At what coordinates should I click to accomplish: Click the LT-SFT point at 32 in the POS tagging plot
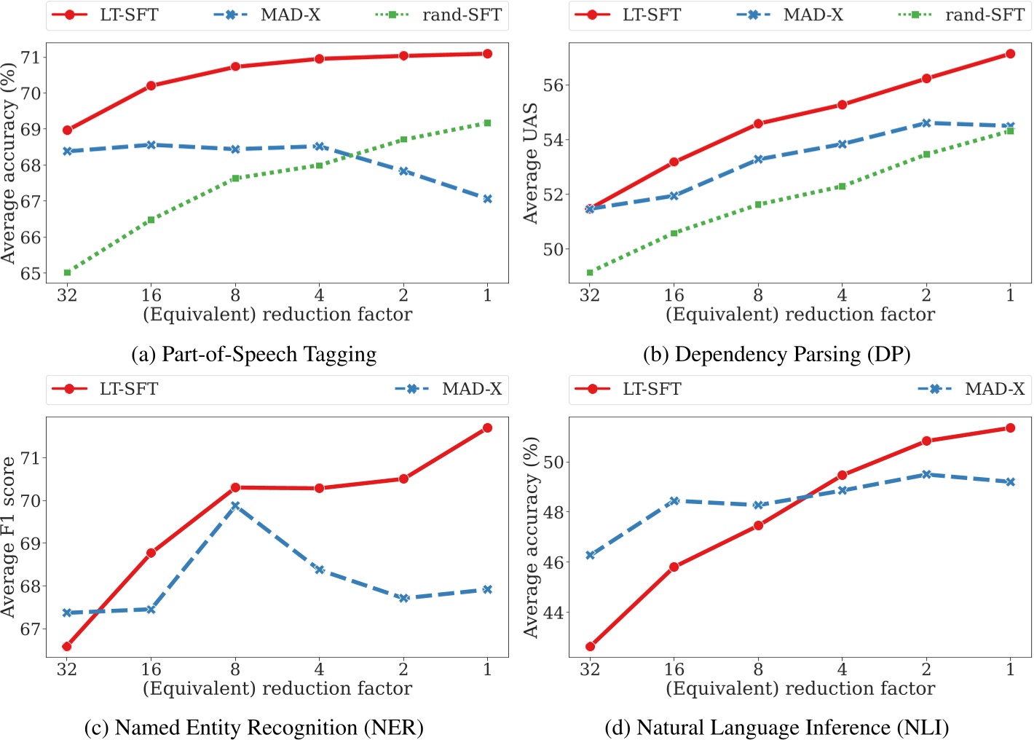[x=67, y=130]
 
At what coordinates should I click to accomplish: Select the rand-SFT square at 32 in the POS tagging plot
[x=67, y=272]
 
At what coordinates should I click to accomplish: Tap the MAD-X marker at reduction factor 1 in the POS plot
[x=487, y=199]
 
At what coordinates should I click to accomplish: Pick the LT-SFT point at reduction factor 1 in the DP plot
[x=1010, y=54]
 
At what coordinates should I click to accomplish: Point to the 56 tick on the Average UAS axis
[x=553, y=85]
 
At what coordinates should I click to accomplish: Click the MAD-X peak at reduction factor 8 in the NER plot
[x=235, y=505]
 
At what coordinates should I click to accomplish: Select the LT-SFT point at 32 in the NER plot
[x=67, y=646]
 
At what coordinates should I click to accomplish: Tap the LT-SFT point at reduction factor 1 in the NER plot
[x=487, y=428]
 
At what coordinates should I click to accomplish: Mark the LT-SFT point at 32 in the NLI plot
[x=590, y=646]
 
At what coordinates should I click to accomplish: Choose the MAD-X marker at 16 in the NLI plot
[x=674, y=501]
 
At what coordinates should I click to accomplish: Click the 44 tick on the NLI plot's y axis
[x=553, y=613]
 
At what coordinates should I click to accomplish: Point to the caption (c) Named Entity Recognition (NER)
[x=253, y=727]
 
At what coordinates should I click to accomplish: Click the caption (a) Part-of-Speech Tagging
[x=253, y=354]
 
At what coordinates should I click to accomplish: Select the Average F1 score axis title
[x=9, y=538]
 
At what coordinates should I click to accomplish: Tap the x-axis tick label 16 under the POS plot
[x=151, y=295]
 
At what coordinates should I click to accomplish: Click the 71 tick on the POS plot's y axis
[x=31, y=57]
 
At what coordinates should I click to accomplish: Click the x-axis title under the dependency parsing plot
[x=800, y=315]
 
